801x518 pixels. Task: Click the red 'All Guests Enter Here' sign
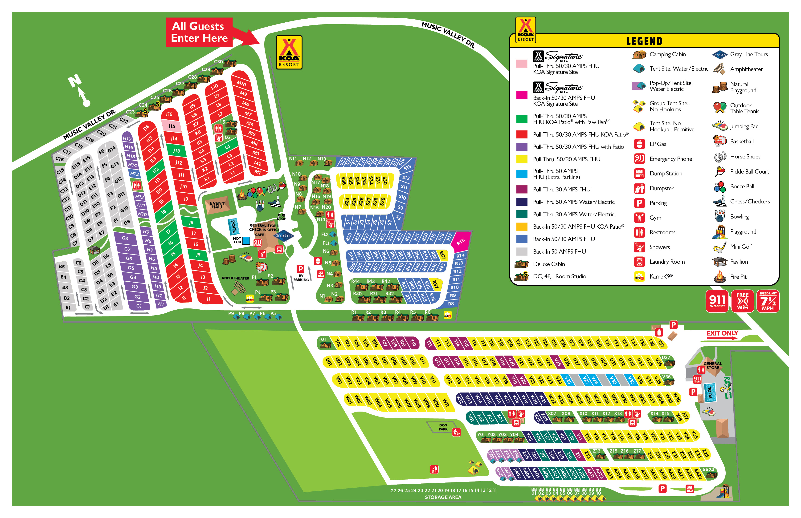point(199,32)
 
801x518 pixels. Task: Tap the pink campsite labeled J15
point(172,126)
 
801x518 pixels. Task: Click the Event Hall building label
point(217,205)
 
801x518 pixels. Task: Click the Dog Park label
point(443,427)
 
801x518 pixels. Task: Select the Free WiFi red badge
point(742,301)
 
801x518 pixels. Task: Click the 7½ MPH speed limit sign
point(768,301)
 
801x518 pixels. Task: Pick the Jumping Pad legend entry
point(744,126)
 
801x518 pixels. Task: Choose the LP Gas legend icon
point(639,144)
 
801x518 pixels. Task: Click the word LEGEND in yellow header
point(644,41)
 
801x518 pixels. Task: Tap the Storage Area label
point(443,497)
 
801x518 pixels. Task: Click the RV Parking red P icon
point(300,269)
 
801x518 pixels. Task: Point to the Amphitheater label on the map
point(235,278)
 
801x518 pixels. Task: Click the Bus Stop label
point(281,217)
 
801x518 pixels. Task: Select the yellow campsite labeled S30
point(385,181)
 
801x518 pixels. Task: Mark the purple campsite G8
point(125,238)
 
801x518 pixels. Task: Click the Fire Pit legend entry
point(738,277)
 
